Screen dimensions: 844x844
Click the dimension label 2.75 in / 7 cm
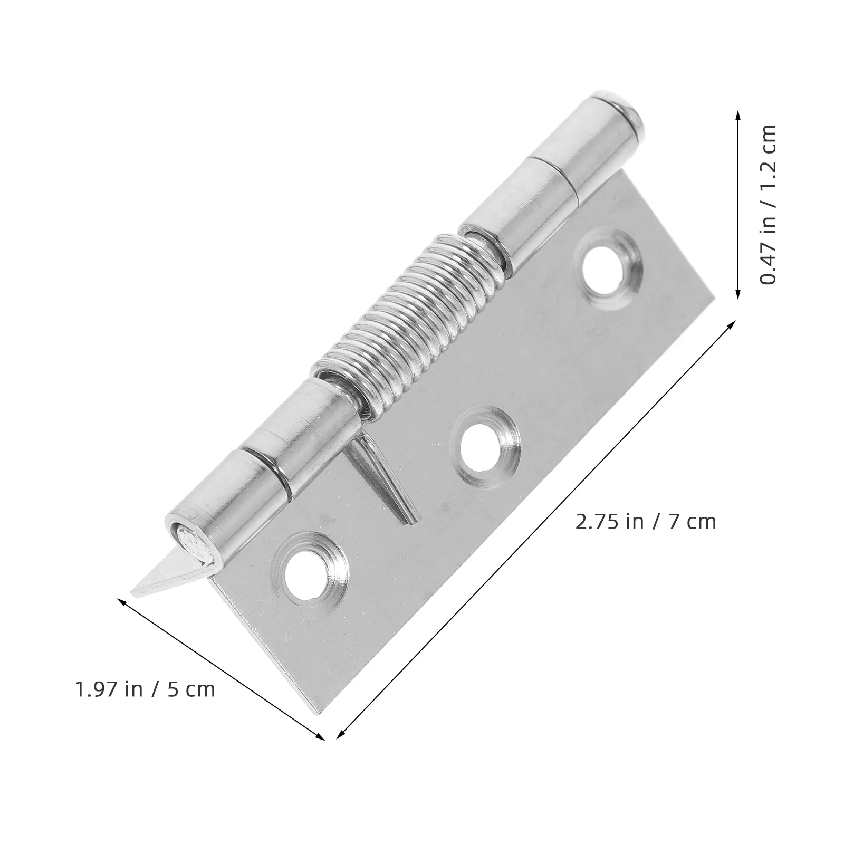tap(644, 522)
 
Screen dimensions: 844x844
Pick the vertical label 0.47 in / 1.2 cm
tap(769, 205)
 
